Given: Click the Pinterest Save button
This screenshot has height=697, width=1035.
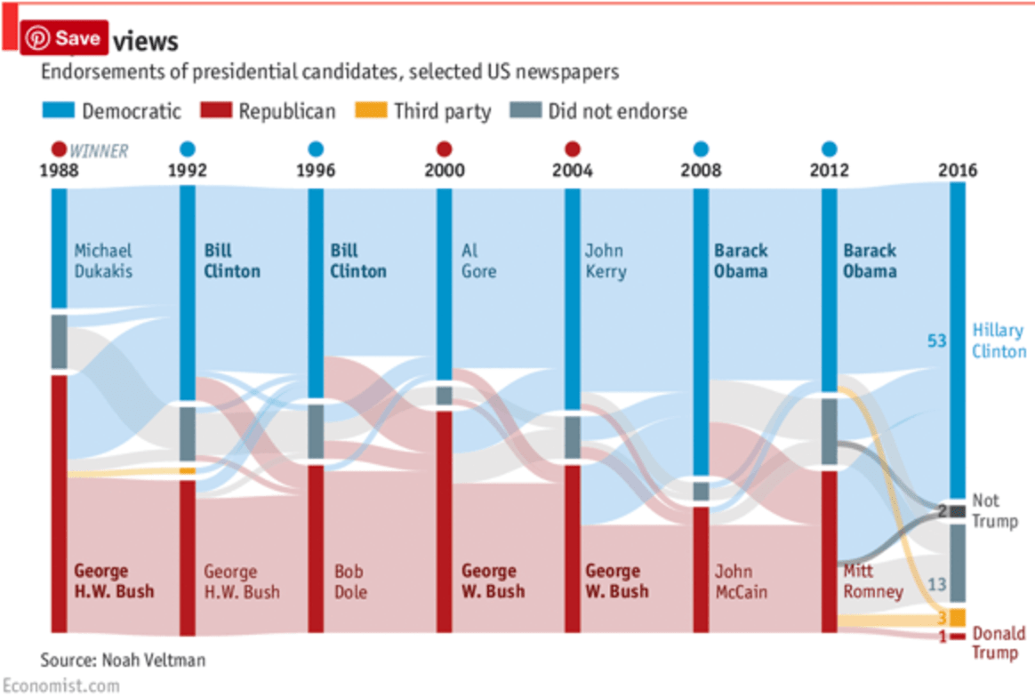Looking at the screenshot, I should coord(64,38).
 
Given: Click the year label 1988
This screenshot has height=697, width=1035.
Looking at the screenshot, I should coord(59,171).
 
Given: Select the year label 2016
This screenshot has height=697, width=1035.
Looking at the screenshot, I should coord(958,171).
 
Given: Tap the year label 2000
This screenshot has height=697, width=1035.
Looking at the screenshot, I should coord(445,171).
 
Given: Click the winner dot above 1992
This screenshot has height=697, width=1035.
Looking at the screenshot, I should coord(188,149).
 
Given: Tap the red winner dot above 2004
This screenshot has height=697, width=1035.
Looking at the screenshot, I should coord(573,149).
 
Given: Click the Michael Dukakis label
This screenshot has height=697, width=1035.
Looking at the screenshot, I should coord(103,260).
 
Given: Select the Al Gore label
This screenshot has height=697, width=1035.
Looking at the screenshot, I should coord(478,260).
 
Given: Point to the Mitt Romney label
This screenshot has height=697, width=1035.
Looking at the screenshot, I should coord(871,581).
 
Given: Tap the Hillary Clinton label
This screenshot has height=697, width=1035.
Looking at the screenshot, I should coord(998,340).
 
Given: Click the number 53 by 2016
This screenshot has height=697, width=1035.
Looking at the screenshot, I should coord(937,340).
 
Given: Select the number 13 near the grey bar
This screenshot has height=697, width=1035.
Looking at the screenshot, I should coord(937,584).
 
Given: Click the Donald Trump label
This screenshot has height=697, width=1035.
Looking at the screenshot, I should coord(997,644).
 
